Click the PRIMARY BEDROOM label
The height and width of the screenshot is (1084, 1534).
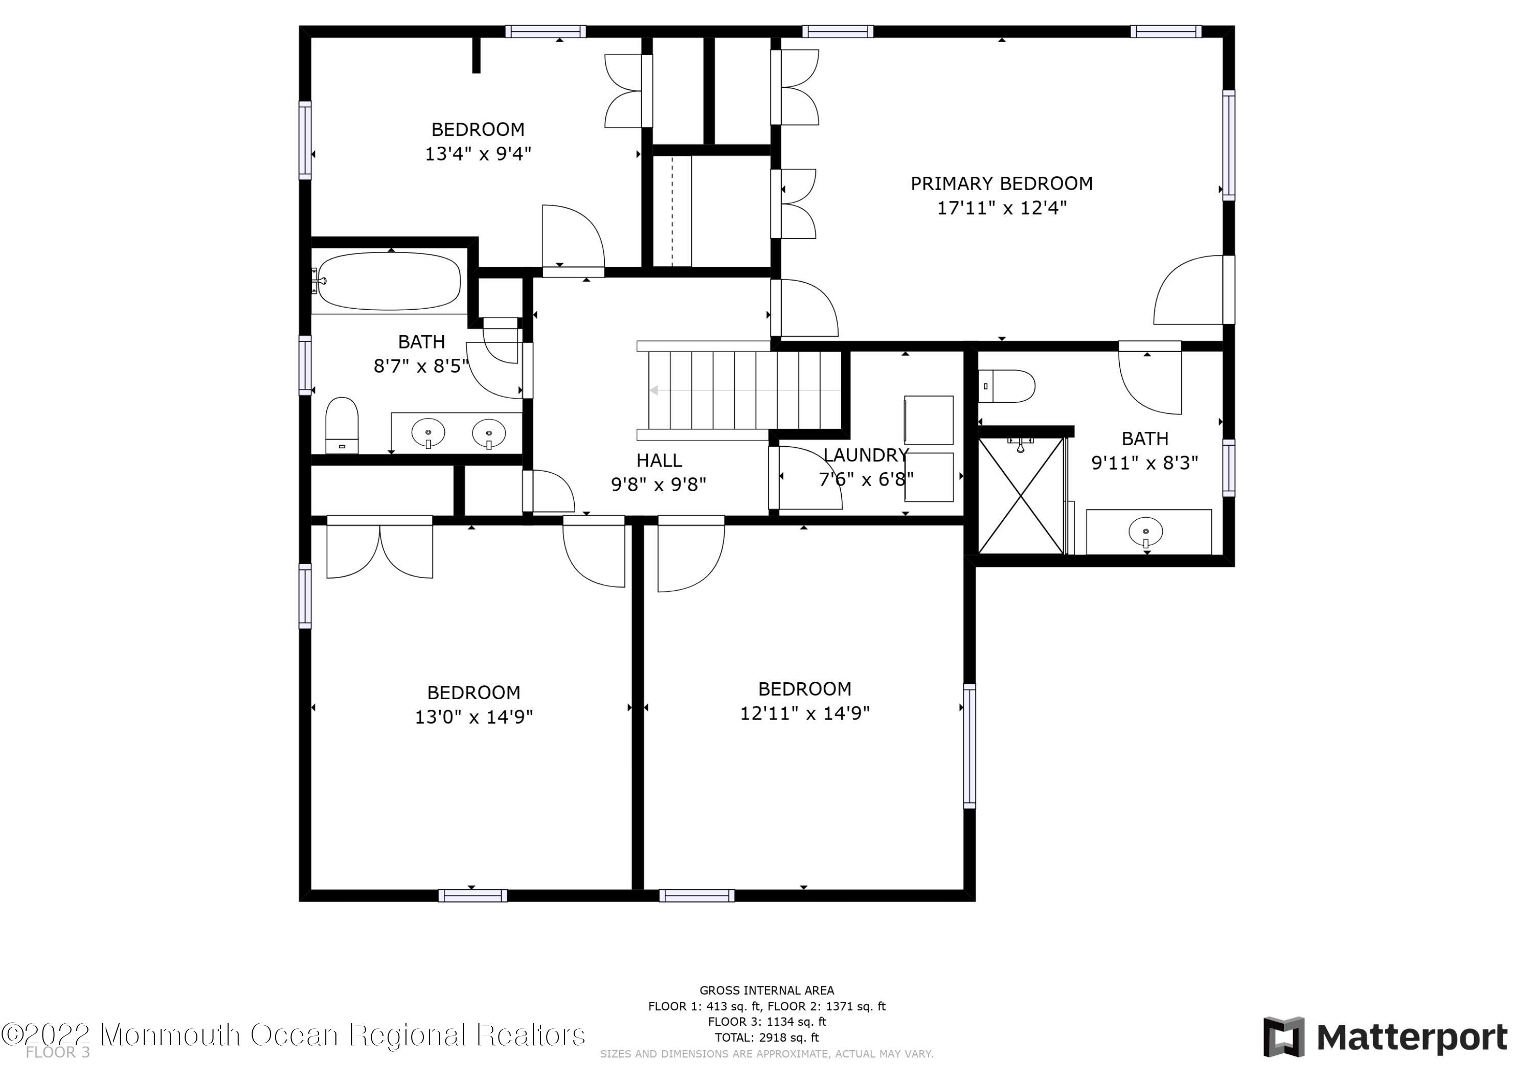(1002, 183)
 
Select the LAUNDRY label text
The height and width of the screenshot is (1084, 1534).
(866, 455)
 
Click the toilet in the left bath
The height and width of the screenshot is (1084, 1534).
(342, 425)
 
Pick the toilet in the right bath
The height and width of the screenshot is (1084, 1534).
(1007, 386)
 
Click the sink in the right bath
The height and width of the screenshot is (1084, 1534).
(1146, 532)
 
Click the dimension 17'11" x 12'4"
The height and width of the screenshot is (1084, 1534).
(1002, 207)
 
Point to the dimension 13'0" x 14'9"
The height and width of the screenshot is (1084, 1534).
(473, 717)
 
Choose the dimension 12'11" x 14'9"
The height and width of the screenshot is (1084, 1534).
(804, 713)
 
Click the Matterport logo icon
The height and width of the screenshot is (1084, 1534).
(1283, 1037)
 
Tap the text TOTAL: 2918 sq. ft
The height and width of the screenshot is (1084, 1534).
(767, 1037)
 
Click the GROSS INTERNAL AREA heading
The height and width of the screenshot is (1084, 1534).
(767, 990)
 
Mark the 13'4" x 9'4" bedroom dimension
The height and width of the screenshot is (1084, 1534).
(479, 154)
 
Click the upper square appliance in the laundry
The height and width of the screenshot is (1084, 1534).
(929, 420)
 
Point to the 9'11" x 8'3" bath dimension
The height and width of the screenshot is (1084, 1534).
(1145, 463)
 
